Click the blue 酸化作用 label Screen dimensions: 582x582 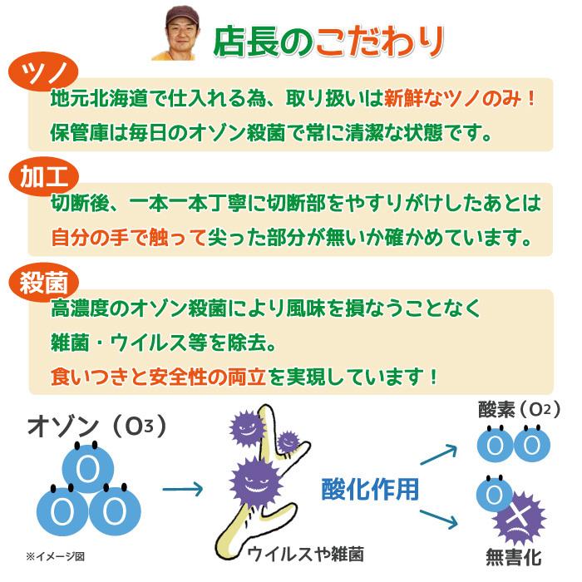[370, 489]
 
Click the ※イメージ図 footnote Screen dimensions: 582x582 [55, 556]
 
